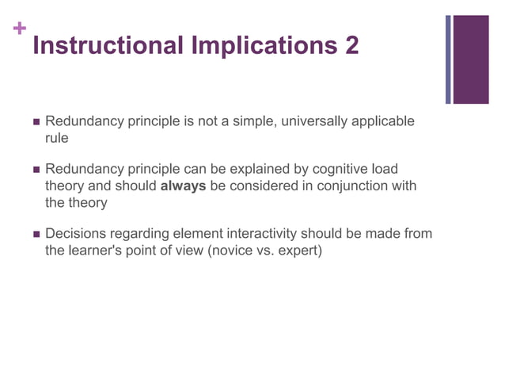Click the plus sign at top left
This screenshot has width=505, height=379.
click(20, 29)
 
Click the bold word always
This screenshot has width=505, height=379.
click(184, 186)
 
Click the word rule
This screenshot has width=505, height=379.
click(56, 138)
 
